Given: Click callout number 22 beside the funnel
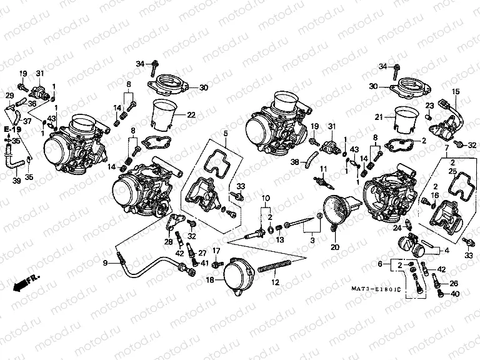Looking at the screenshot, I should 191,114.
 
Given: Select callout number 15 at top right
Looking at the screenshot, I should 456,92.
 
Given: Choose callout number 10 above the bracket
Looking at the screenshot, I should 266,198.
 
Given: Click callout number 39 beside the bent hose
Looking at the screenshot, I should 17,181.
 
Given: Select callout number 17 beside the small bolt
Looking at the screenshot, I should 217,251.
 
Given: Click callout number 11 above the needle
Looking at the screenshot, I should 324,169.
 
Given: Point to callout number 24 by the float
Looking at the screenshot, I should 396,228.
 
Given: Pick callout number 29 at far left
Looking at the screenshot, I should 9,95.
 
